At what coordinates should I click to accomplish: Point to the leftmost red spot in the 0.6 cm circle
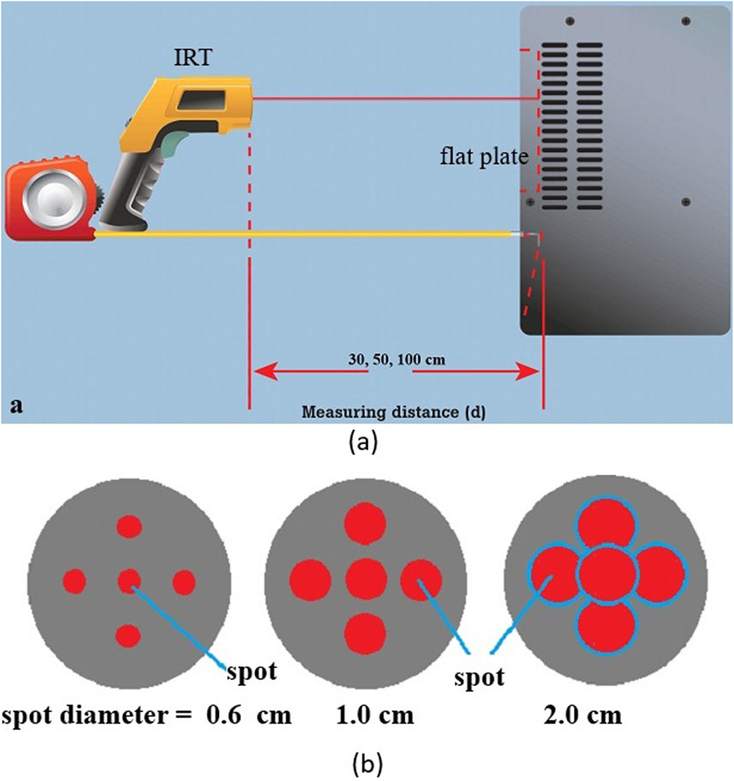tap(75, 583)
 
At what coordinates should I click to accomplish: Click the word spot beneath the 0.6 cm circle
tap(251, 672)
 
